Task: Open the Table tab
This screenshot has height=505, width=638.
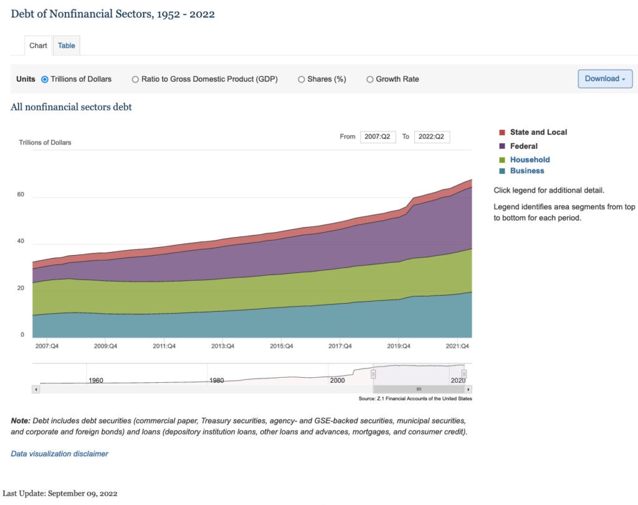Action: (66, 46)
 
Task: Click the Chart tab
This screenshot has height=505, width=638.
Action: (38, 46)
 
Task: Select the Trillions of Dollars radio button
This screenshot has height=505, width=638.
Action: (45, 79)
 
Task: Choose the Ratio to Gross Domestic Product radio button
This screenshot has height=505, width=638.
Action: (135, 79)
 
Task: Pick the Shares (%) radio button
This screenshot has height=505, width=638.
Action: (301, 79)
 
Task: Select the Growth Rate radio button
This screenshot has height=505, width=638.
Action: (369, 79)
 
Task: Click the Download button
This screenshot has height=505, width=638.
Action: (605, 79)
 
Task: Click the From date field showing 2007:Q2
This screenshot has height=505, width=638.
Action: (378, 137)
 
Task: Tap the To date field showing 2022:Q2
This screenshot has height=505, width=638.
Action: (432, 137)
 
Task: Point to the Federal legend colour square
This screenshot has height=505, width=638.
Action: (502, 146)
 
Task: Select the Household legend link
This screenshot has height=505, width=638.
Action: (530, 160)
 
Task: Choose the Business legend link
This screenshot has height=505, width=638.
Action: (527, 171)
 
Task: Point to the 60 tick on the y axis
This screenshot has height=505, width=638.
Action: (21, 195)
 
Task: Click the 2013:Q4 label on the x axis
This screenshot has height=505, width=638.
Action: (222, 346)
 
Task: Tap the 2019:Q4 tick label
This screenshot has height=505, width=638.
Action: (399, 346)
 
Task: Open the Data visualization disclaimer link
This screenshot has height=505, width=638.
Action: (59, 454)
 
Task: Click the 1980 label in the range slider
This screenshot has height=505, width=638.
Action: (216, 380)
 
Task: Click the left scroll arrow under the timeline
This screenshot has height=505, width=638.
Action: (36, 389)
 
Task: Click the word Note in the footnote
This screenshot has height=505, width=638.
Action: (21, 421)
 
